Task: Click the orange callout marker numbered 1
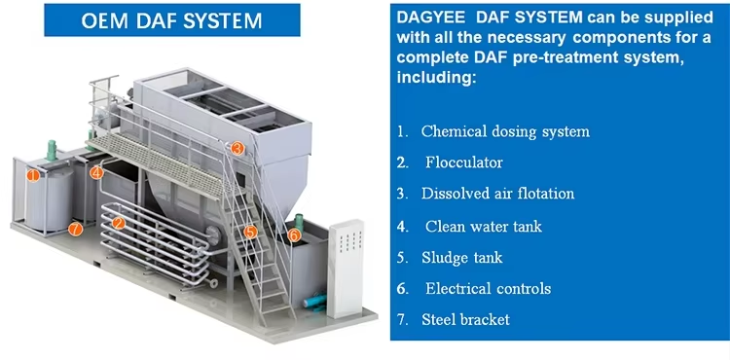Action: (32, 176)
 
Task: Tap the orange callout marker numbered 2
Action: (119, 224)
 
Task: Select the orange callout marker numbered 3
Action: (237, 148)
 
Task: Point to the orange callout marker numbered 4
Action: (96, 173)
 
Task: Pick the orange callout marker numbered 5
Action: (250, 232)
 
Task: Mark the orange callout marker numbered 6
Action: (294, 235)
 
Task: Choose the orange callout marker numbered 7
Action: (75, 229)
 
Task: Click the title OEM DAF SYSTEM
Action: (171, 20)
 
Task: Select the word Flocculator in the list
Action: (463, 162)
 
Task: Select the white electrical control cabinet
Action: (345, 269)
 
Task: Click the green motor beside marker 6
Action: (299, 221)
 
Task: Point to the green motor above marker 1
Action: (52, 150)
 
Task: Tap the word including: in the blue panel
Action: (436, 78)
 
